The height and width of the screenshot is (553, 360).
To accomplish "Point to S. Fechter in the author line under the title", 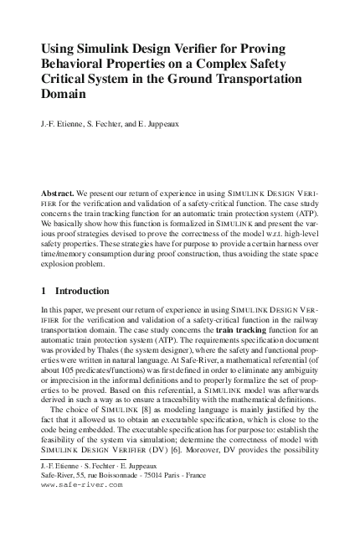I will tap(109, 127).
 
